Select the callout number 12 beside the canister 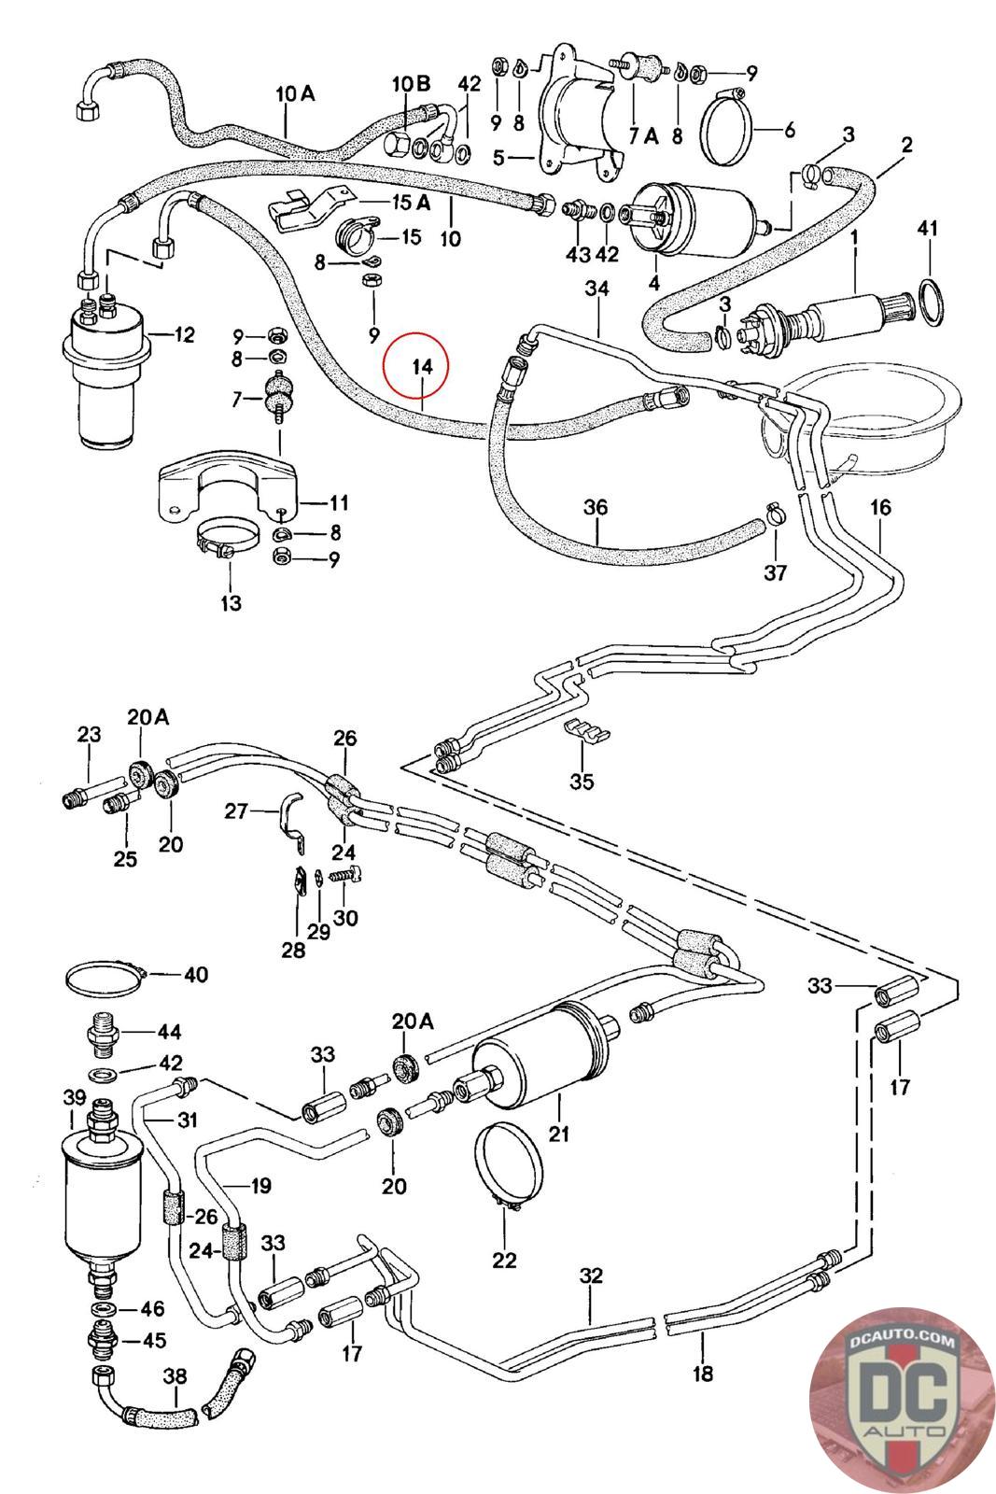click(x=185, y=333)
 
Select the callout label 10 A click(x=295, y=93)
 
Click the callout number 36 click(x=595, y=507)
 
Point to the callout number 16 click(x=880, y=507)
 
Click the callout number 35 click(x=582, y=782)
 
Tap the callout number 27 click(x=236, y=810)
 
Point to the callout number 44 click(x=169, y=1032)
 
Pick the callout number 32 click(x=591, y=1276)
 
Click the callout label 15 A click(x=410, y=203)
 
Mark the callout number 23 click(x=89, y=735)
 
